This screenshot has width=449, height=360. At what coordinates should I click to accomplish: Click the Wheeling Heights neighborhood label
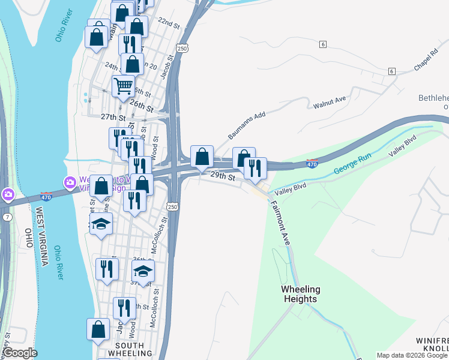point(300,294)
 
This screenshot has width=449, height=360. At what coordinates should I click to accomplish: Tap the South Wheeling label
point(129,350)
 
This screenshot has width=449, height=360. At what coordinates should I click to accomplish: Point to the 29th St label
point(221,176)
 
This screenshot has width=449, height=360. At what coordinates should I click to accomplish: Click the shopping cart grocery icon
point(123,86)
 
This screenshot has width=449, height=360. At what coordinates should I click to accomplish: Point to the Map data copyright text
point(412,355)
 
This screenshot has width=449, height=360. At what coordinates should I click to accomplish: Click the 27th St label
point(113,117)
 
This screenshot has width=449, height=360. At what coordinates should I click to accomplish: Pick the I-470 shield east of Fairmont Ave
point(312,163)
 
